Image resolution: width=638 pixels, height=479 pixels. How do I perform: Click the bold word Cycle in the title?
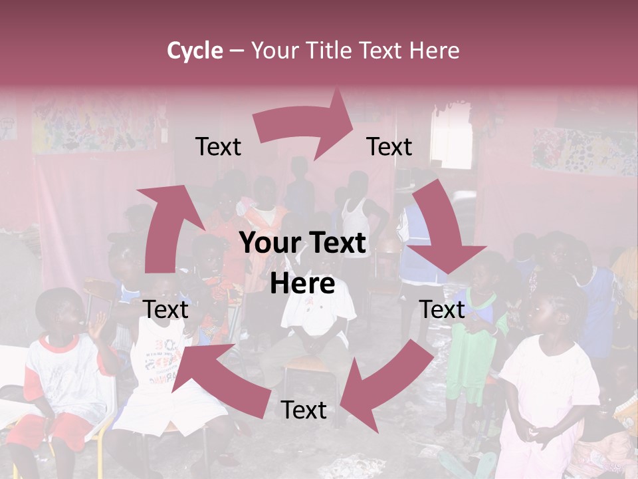(x=195, y=50)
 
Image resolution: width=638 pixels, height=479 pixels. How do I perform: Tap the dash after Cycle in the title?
(x=237, y=51)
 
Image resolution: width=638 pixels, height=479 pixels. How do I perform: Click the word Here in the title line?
(x=434, y=50)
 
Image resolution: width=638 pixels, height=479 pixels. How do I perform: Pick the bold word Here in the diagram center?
(x=302, y=283)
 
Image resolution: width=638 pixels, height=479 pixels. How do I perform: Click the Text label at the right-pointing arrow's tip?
(x=389, y=146)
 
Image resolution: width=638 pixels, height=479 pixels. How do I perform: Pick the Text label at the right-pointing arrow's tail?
(x=218, y=146)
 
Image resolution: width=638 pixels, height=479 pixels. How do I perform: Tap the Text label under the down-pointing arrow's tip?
(x=441, y=309)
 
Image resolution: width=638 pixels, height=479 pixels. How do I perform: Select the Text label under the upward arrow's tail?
(x=165, y=309)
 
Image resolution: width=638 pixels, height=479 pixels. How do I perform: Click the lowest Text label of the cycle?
(x=304, y=410)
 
